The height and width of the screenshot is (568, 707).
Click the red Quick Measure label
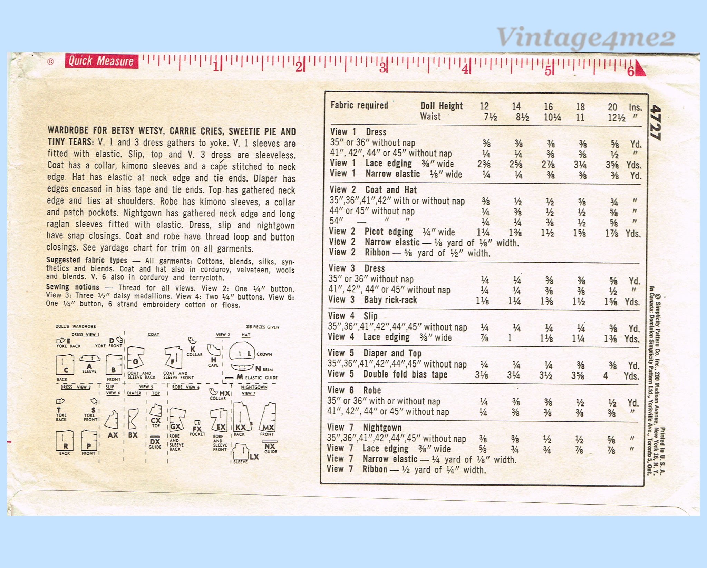click(101, 61)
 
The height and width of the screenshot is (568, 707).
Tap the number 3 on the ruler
click(382, 68)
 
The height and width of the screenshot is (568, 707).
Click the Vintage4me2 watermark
click(585, 38)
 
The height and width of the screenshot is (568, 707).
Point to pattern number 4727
click(655, 122)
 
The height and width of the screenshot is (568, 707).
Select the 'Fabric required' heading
click(359, 105)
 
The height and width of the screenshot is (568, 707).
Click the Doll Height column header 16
click(548, 107)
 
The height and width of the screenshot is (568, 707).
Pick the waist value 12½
click(617, 118)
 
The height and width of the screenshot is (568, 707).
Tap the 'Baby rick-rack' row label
click(390, 300)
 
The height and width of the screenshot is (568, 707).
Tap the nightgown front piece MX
click(268, 418)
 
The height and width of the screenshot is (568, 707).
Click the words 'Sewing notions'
click(72, 287)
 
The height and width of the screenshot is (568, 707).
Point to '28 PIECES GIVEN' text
click(262, 326)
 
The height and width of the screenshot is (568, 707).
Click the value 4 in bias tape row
click(606, 375)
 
